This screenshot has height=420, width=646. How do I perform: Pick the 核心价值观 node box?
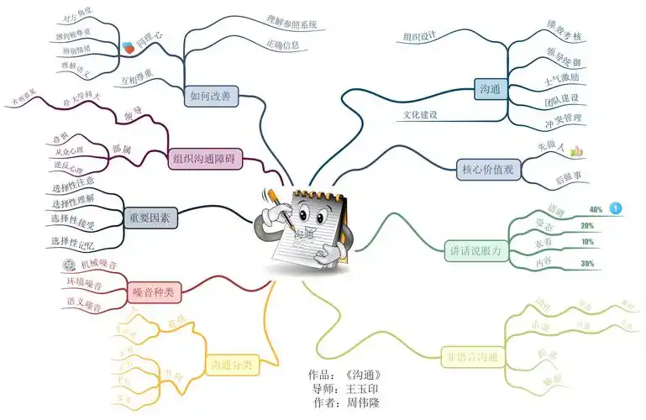tap(487, 169)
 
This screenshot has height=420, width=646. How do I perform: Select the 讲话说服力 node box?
tap(475, 249)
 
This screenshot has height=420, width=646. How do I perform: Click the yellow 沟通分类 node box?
tap(230, 365)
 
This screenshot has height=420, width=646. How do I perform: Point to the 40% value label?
tap(596, 209)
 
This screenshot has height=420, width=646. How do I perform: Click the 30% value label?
tap(587, 264)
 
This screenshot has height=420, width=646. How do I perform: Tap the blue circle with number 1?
tap(616, 207)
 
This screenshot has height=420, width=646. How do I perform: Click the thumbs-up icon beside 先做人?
tap(576, 151)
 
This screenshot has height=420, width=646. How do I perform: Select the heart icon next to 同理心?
tap(128, 50)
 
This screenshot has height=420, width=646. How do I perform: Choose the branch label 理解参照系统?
tap(291, 23)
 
